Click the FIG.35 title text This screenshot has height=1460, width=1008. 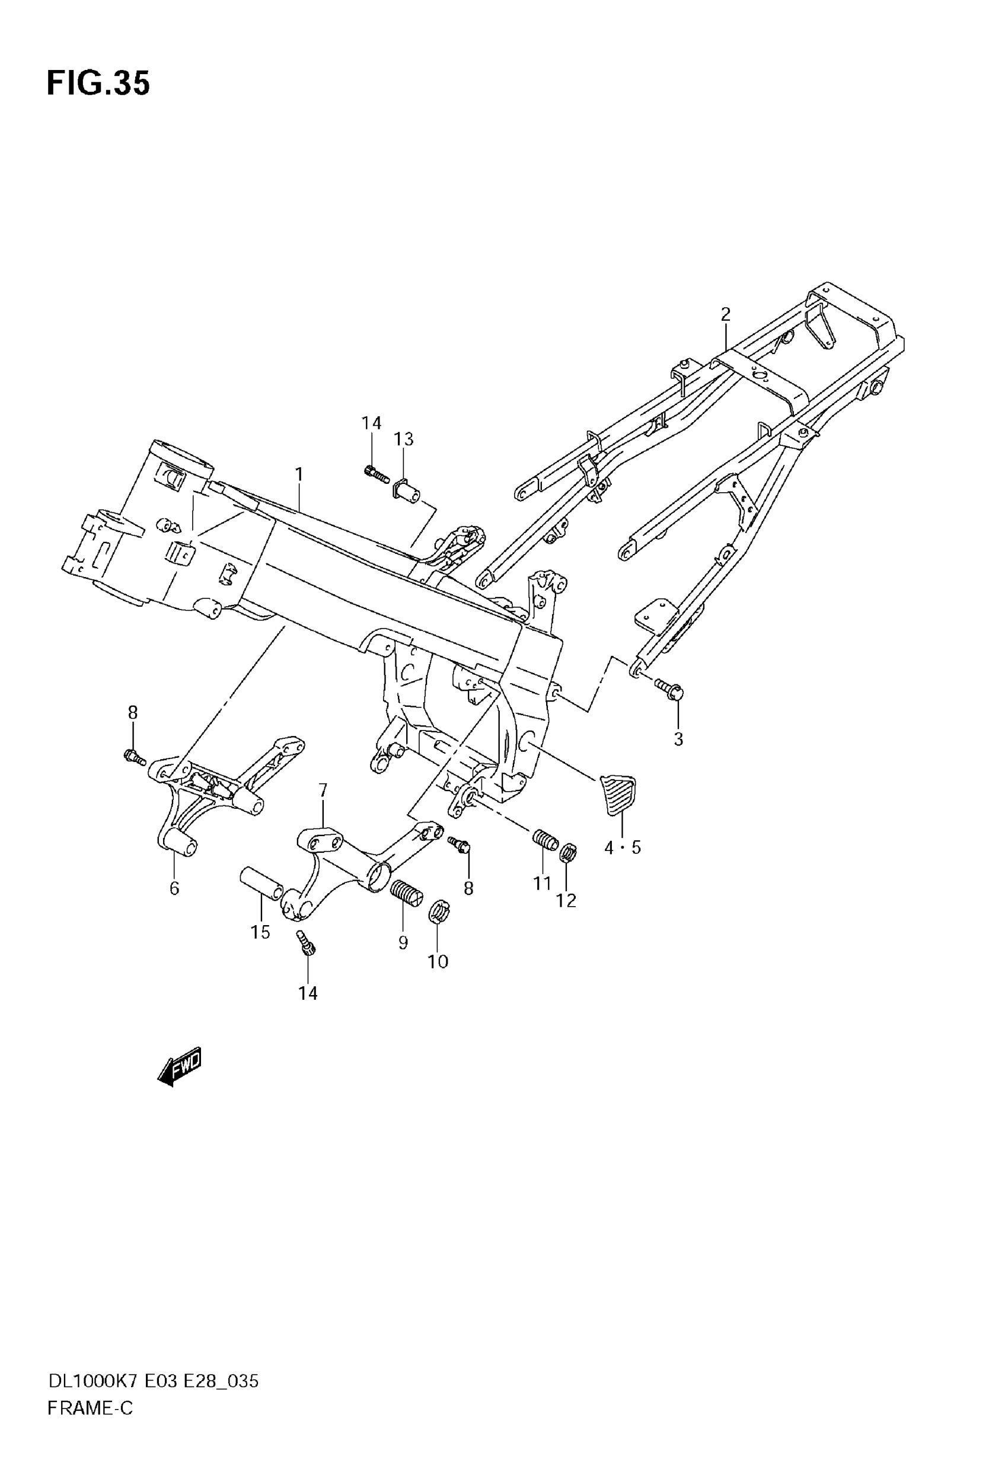pos(98,84)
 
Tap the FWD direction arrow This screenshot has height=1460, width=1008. pos(180,1067)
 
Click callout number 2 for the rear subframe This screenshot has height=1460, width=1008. pos(726,314)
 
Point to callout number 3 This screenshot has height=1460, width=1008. pos(678,739)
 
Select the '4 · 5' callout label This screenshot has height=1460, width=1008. pos(622,847)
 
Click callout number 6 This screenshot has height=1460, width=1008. pos(174,888)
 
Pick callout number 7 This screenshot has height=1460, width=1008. pos(323,790)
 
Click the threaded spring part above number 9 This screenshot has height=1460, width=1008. pos(405,893)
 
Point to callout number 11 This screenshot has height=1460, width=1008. pos(542,884)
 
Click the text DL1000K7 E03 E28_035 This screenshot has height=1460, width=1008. pos(154,1382)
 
